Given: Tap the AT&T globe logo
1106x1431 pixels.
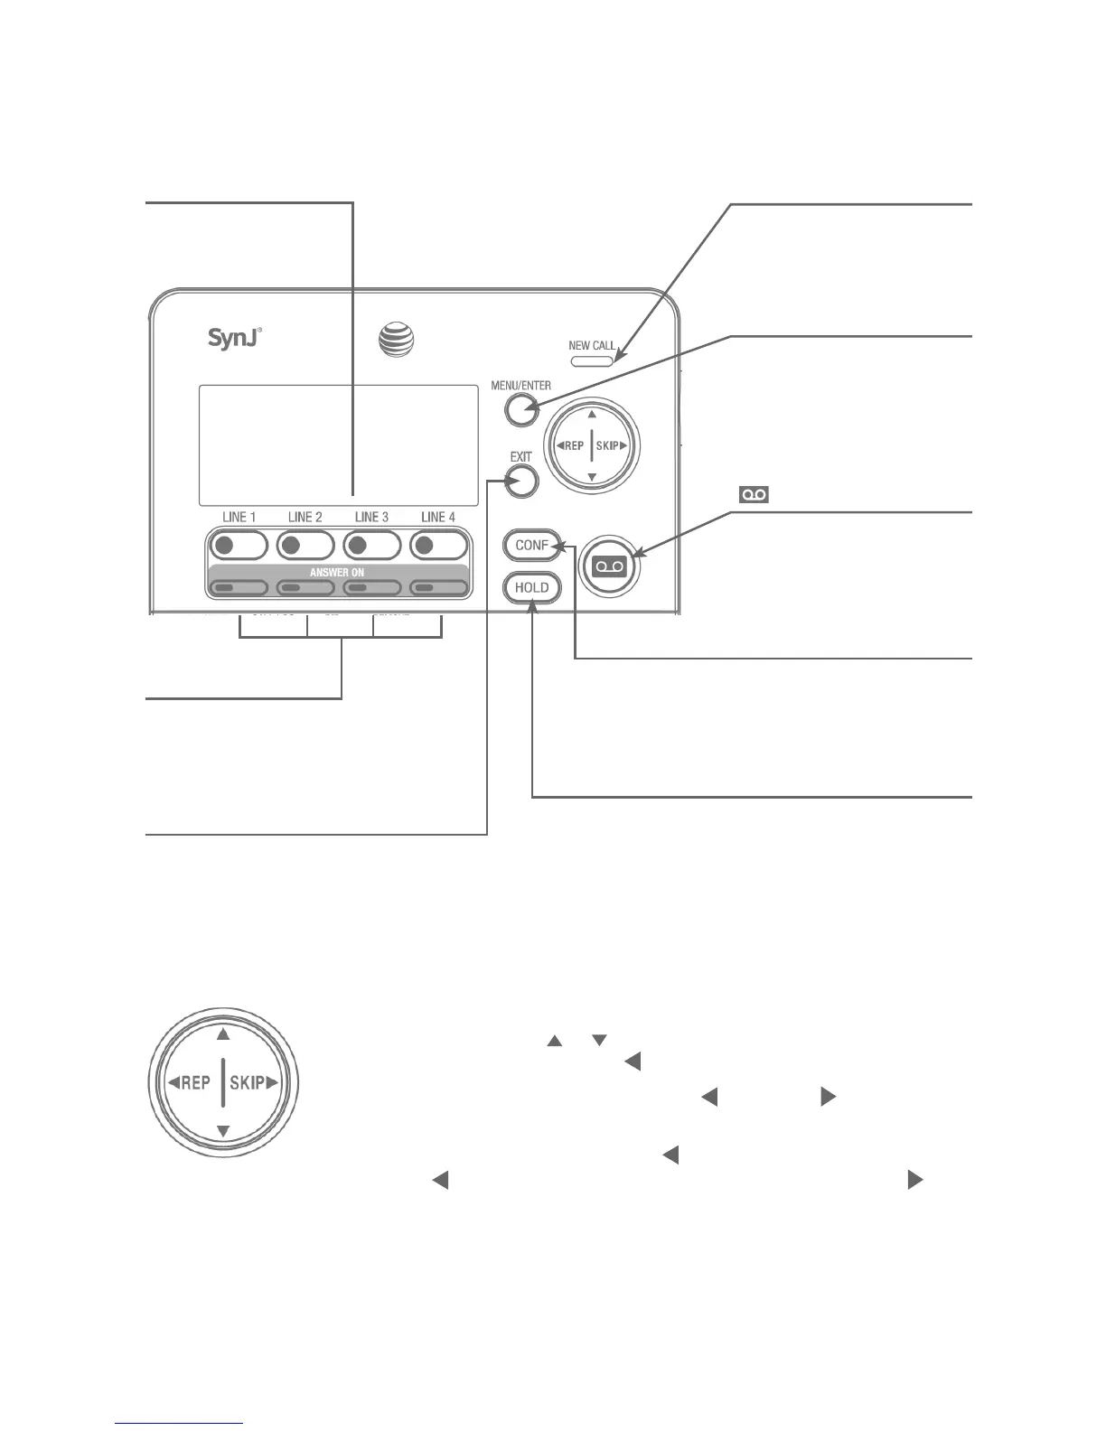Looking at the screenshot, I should point(396,341).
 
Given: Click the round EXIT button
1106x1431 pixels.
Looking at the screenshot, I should point(521,482).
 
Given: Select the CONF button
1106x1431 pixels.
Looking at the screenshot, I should point(531,545).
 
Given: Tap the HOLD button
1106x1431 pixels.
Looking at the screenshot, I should point(531,587).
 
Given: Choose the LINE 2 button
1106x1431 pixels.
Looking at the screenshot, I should point(305,546).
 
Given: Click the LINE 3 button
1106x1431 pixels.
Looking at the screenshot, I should point(372,546).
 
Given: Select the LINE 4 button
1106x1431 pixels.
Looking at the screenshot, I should point(439,546).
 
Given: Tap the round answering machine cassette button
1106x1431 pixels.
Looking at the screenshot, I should point(609,566).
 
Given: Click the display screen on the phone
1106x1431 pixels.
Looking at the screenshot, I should point(338,444).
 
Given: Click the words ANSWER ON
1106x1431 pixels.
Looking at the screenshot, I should point(337,572).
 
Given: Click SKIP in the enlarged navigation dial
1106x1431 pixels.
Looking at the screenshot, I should point(247,1082).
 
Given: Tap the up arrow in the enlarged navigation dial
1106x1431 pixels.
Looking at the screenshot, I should point(223,1035).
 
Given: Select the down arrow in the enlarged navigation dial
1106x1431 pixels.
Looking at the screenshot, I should point(223,1130).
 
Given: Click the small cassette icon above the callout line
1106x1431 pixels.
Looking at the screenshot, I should point(755,494).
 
